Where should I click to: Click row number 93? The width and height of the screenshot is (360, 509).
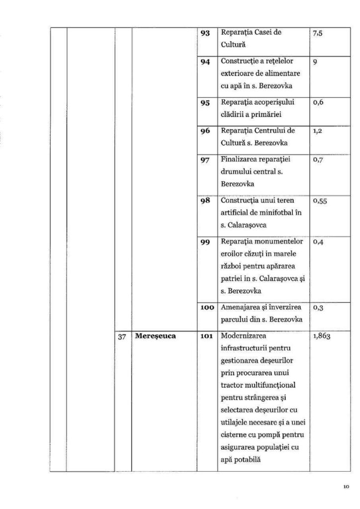[x=204, y=33]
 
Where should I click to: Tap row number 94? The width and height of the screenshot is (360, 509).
[x=204, y=63]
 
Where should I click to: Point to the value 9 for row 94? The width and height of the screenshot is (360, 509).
[x=316, y=63]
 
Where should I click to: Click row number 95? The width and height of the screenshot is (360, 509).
[x=204, y=103]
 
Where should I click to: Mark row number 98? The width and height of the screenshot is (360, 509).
[x=204, y=201]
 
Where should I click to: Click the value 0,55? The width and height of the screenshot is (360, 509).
[x=320, y=201]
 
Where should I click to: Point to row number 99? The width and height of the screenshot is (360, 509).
[x=204, y=242]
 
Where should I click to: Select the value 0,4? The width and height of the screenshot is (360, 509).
[x=318, y=242]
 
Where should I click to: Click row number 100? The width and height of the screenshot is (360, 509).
[x=206, y=308]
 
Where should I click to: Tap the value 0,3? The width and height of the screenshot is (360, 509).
[x=318, y=308]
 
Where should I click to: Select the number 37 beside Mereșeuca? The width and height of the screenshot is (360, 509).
[x=122, y=336]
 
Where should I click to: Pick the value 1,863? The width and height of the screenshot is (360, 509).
[x=322, y=336]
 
